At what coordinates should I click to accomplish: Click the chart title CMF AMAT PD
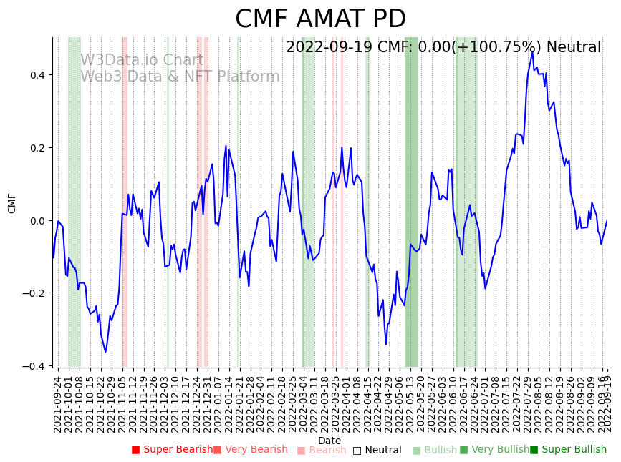[x=320, y=19]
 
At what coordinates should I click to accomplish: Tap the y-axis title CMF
[x=12, y=203]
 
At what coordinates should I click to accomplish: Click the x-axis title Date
[x=329, y=441]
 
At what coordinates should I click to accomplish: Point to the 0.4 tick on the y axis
[x=36, y=75]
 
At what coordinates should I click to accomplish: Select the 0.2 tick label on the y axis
[x=36, y=148]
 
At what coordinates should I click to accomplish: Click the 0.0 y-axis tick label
[x=36, y=221]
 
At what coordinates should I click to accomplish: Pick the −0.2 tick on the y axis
[x=34, y=293]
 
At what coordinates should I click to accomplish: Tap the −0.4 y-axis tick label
[x=34, y=366]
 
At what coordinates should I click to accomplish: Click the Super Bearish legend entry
[x=172, y=450]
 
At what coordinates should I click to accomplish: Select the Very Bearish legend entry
[x=250, y=450]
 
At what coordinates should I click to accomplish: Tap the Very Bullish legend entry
[x=494, y=450]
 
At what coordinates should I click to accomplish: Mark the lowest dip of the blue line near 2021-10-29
[x=105, y=352]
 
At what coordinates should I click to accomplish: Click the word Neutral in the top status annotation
[x=574, y=48]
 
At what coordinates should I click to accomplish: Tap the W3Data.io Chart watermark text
[x=142, y=60]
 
